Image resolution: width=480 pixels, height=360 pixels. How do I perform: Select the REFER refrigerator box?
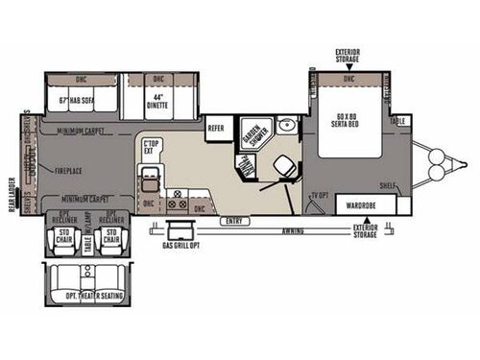(x=216, y=127)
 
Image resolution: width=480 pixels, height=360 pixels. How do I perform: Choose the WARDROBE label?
(x=359, y=204)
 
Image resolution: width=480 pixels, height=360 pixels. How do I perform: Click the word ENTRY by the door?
(x=233, y=220)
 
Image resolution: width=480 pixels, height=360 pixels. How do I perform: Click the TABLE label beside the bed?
(x=398, y=120)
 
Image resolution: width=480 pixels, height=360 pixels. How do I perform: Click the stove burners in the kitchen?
(x=177, y=204)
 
